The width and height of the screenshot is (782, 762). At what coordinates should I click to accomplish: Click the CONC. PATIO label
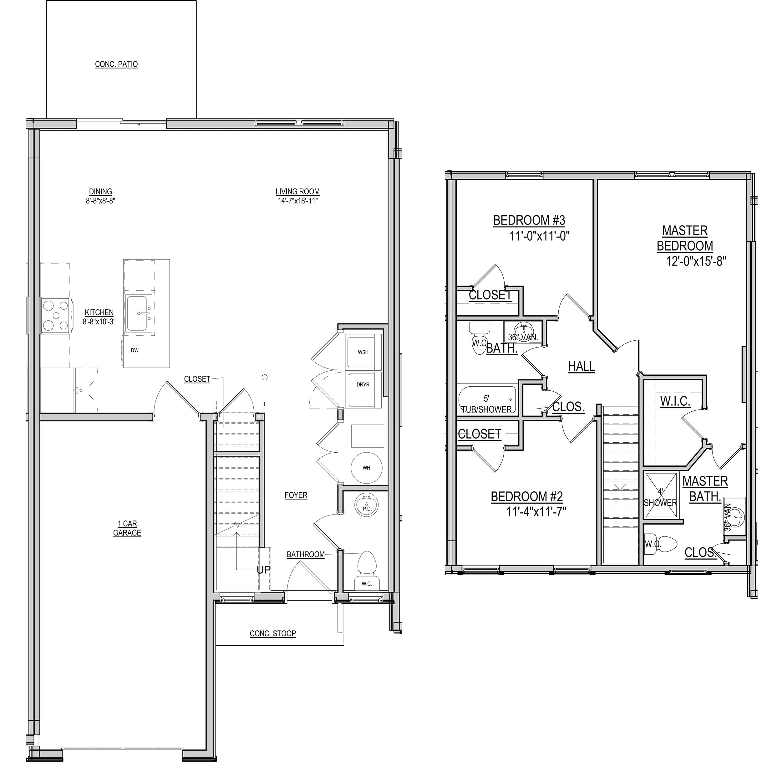coord(116,64)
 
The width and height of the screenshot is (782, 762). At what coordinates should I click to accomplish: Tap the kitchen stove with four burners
coord(56,316)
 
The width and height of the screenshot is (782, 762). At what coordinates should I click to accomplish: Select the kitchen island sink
coord(139,313)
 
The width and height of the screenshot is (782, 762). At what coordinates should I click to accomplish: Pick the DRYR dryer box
coord(363,390)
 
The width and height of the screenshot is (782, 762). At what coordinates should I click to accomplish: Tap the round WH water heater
coord(366,467)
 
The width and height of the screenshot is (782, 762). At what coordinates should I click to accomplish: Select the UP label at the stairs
coord(263,570)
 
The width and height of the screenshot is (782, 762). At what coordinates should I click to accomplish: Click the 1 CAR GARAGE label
coord(127,528)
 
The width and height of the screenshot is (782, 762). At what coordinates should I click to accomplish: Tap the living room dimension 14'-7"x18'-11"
coord(298,201)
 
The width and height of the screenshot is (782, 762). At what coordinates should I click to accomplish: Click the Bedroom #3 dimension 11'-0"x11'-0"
coord(539,236)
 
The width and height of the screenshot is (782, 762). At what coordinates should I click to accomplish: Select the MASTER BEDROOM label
coord(685,238)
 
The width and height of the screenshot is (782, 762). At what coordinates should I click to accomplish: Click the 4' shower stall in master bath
coord(661,496)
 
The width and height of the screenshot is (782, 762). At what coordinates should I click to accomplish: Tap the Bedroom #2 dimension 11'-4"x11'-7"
coord(536,511)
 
